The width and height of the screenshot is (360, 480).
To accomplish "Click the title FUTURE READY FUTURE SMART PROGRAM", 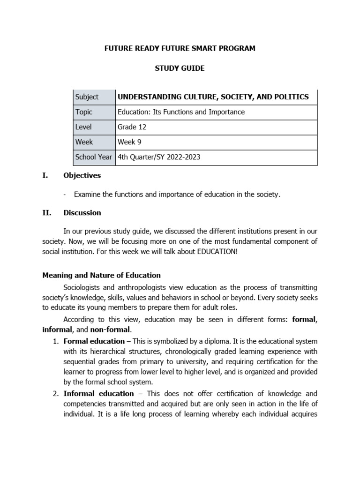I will (180, 49).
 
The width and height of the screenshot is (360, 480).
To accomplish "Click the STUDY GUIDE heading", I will (180, 68).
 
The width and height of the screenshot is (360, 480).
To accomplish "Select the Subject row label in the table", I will (87, 97).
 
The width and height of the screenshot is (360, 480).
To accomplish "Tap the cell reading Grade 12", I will (127, 127).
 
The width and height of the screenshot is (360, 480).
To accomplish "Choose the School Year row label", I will (94, 157).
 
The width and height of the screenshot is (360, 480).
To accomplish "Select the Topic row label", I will (84, 112).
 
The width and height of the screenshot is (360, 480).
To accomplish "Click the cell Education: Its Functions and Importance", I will (181, 112).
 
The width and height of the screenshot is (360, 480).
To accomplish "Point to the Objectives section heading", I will (82, 176).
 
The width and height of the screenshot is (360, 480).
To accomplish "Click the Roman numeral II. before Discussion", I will (46, 213).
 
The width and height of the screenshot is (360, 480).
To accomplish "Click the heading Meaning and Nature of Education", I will (102, 275).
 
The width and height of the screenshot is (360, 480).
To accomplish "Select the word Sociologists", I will (84, 287).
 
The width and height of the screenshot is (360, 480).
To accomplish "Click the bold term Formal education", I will (94, 341).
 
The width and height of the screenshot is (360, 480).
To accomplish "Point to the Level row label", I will (83, 127).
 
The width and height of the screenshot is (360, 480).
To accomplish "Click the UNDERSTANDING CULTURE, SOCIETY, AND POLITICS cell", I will (213, 97).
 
